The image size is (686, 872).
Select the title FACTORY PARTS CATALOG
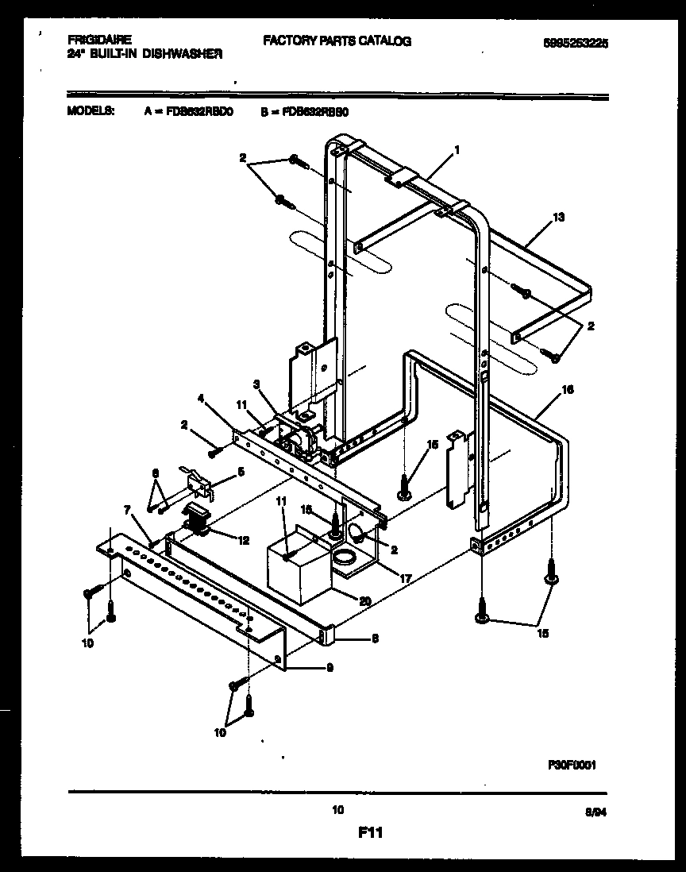click(x=337, y=41)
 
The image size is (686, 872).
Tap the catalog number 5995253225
click(x=570, y=46)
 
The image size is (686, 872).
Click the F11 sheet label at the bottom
click(x=370, y=833)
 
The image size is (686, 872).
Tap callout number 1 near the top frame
click(x=457, y=149)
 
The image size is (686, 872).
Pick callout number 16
click(x=567, y=390)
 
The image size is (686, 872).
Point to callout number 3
click(x=256, y=384)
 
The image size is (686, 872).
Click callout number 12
click(x=242, y=540)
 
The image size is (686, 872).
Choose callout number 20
click(x=364, y=600)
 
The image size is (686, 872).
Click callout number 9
click(x=329, y=667)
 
